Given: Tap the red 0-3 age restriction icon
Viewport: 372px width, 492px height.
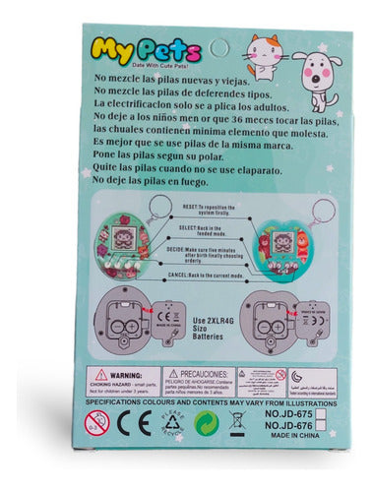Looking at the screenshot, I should point(96,426).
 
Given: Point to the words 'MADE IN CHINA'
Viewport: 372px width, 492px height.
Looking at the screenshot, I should point(299,439).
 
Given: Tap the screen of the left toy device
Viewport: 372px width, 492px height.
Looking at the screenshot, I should point(120,238).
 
